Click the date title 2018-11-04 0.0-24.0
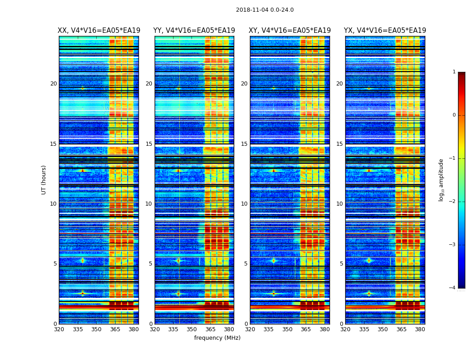265,10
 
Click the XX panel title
99,31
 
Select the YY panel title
194,31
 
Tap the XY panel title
290,31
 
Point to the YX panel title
385,31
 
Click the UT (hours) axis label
44,180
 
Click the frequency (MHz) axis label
217,338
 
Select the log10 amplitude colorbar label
441,180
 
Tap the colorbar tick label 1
454,72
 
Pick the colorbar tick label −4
452,288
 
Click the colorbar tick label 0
454,115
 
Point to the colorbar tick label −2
452,202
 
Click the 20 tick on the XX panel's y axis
53,84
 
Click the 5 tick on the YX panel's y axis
341,264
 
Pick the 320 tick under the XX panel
59,329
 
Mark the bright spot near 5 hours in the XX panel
83,261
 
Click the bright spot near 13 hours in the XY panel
273,170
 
